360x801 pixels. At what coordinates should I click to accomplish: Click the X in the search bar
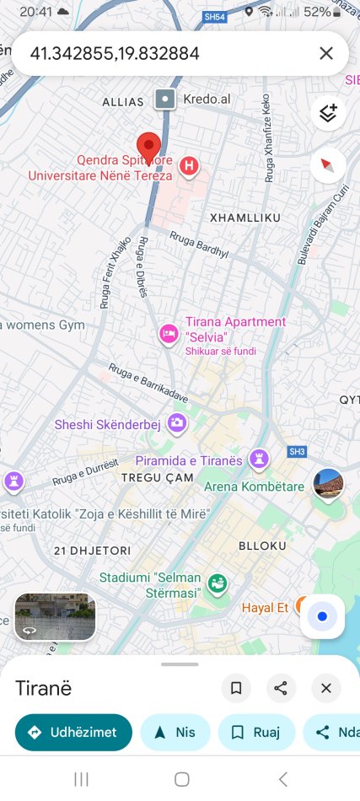click(326, 54)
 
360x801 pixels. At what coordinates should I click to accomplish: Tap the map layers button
click(327, 113)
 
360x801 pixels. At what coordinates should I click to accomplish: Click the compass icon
click(327, 165)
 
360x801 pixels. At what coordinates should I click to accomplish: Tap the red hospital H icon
click(190, 166)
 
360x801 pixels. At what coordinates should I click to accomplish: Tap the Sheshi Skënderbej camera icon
click(177, 423)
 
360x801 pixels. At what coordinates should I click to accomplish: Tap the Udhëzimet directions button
click(73, 732)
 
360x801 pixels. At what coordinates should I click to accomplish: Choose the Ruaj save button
click(256, 732)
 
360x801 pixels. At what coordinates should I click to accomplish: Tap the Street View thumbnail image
click(55, 616)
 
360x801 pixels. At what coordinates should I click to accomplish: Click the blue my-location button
click(322, 616)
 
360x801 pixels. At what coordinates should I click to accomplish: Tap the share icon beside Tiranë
click(281, 688)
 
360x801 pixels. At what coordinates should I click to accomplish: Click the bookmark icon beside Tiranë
click(236, 688)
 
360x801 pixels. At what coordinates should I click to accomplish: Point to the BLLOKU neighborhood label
click(264, 546)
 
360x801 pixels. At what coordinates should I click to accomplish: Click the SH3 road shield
click(297, 451)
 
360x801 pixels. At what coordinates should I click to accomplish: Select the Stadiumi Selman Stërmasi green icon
click(218, 583)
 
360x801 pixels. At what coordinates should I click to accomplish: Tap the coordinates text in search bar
click(115, 54)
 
